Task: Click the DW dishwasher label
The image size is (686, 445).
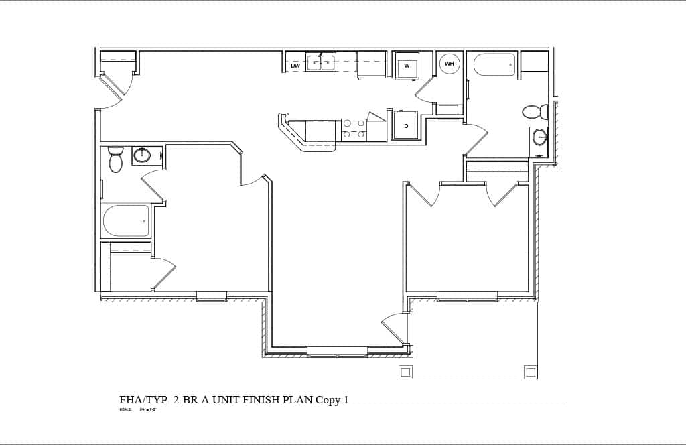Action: (x=295, y=66)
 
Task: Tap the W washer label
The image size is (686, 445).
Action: (x=407, y=66)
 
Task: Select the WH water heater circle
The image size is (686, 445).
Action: (x=449, y=64)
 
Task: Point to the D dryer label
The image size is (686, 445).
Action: (x=406, y=125)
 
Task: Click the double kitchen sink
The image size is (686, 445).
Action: (x=321, y=62)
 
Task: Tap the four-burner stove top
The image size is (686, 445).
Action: (x=354, y=129)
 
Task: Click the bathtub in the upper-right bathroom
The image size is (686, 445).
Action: (x=494, y=65)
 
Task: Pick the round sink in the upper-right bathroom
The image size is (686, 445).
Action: (x=540, y=137)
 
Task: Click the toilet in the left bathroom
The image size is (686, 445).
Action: (x=116, y=160)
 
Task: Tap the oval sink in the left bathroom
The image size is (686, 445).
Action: (x=143, y=155)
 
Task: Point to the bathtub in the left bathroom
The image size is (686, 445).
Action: (x=126, y=220)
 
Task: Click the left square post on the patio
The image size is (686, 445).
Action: (x=405, y=371)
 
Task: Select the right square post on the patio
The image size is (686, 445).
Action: (x=530, y=371)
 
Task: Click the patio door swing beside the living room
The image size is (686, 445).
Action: (x=395, y=328)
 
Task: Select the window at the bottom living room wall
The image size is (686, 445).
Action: (x=337, y=351)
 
